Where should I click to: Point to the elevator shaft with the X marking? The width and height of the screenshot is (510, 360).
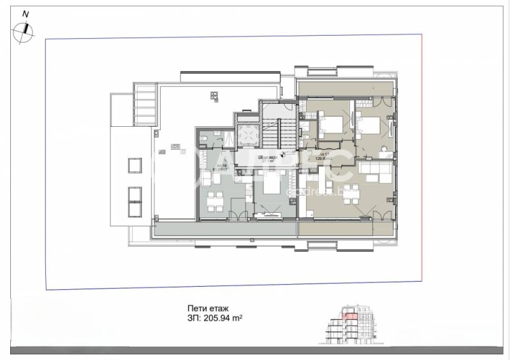click(x=246, y=135)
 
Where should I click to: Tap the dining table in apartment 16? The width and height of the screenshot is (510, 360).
click(x=218, y=198)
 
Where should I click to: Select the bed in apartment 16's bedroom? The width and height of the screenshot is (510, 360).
click(x=268, y=187)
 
